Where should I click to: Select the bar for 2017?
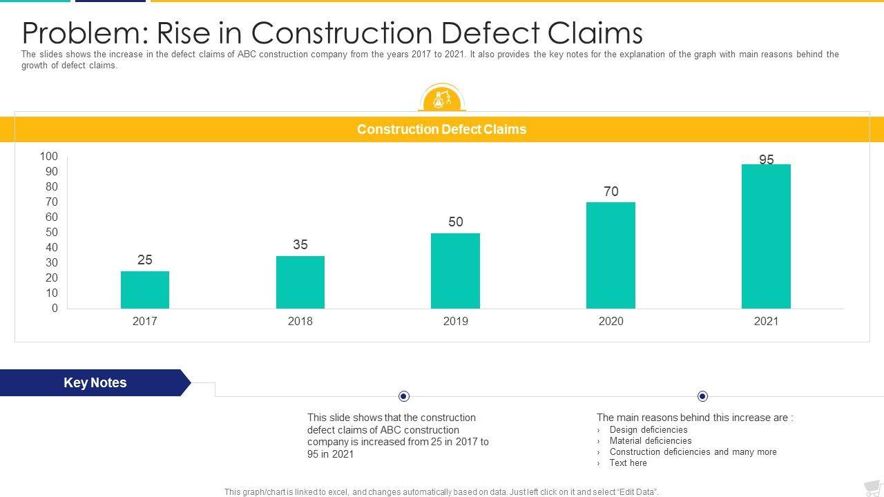(x=145, y=290)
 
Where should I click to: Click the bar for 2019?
(x=455, y=271)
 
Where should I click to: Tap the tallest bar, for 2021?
(x=766, y=236)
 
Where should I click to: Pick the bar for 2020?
(x=611, y=255)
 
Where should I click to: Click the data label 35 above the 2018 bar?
(x=300, y=244)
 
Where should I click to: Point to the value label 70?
(x=611, y=191)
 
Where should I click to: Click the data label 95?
(x=767, y=159)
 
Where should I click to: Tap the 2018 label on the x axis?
(x=300, y=321)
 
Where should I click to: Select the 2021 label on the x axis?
(x=766, y=321)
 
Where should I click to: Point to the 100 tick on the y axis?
(x=49, y=157)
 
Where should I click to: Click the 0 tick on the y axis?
(x=55, y=309)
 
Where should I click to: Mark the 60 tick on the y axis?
(x=52, y=217)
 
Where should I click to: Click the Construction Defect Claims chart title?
(x=441, y=130)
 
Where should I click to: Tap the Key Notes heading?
(x=95, y=383)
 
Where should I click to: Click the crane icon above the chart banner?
(x=442, y=99)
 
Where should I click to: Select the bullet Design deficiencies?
(x=648, y=430)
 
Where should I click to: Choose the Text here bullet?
(x=628, y=463)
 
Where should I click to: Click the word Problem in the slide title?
(x=84, y=32)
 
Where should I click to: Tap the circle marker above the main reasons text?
(x=702, y=396)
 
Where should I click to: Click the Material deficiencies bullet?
(x=650, y=441)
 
